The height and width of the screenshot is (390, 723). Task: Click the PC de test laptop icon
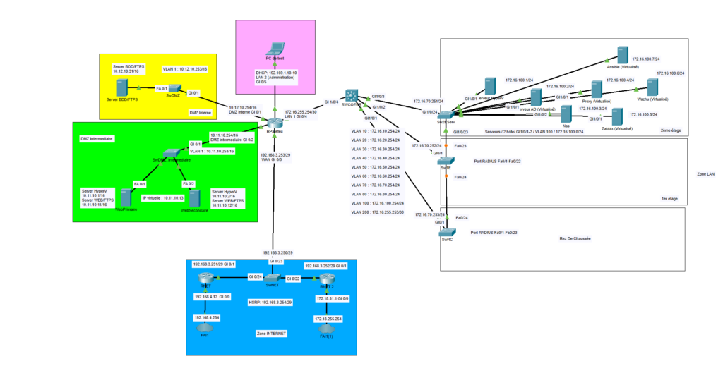click(275, 50)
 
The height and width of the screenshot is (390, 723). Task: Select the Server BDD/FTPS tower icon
click(122, 87)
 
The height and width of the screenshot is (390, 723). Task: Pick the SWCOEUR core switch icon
click(351, 97)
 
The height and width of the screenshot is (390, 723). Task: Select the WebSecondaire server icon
click(195, 198)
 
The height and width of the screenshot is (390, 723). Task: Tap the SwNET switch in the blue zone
click(273, 277)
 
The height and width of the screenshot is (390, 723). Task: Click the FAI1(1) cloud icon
click(326, 329)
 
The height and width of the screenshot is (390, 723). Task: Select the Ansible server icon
click(622, 55)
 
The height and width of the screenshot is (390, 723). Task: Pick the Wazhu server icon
click(652, 88)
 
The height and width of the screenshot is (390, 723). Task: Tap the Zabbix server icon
click(617, 116)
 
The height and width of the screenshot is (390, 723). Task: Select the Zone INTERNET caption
click(271, 333)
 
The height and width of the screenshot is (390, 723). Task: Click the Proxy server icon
click(597, 90)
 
